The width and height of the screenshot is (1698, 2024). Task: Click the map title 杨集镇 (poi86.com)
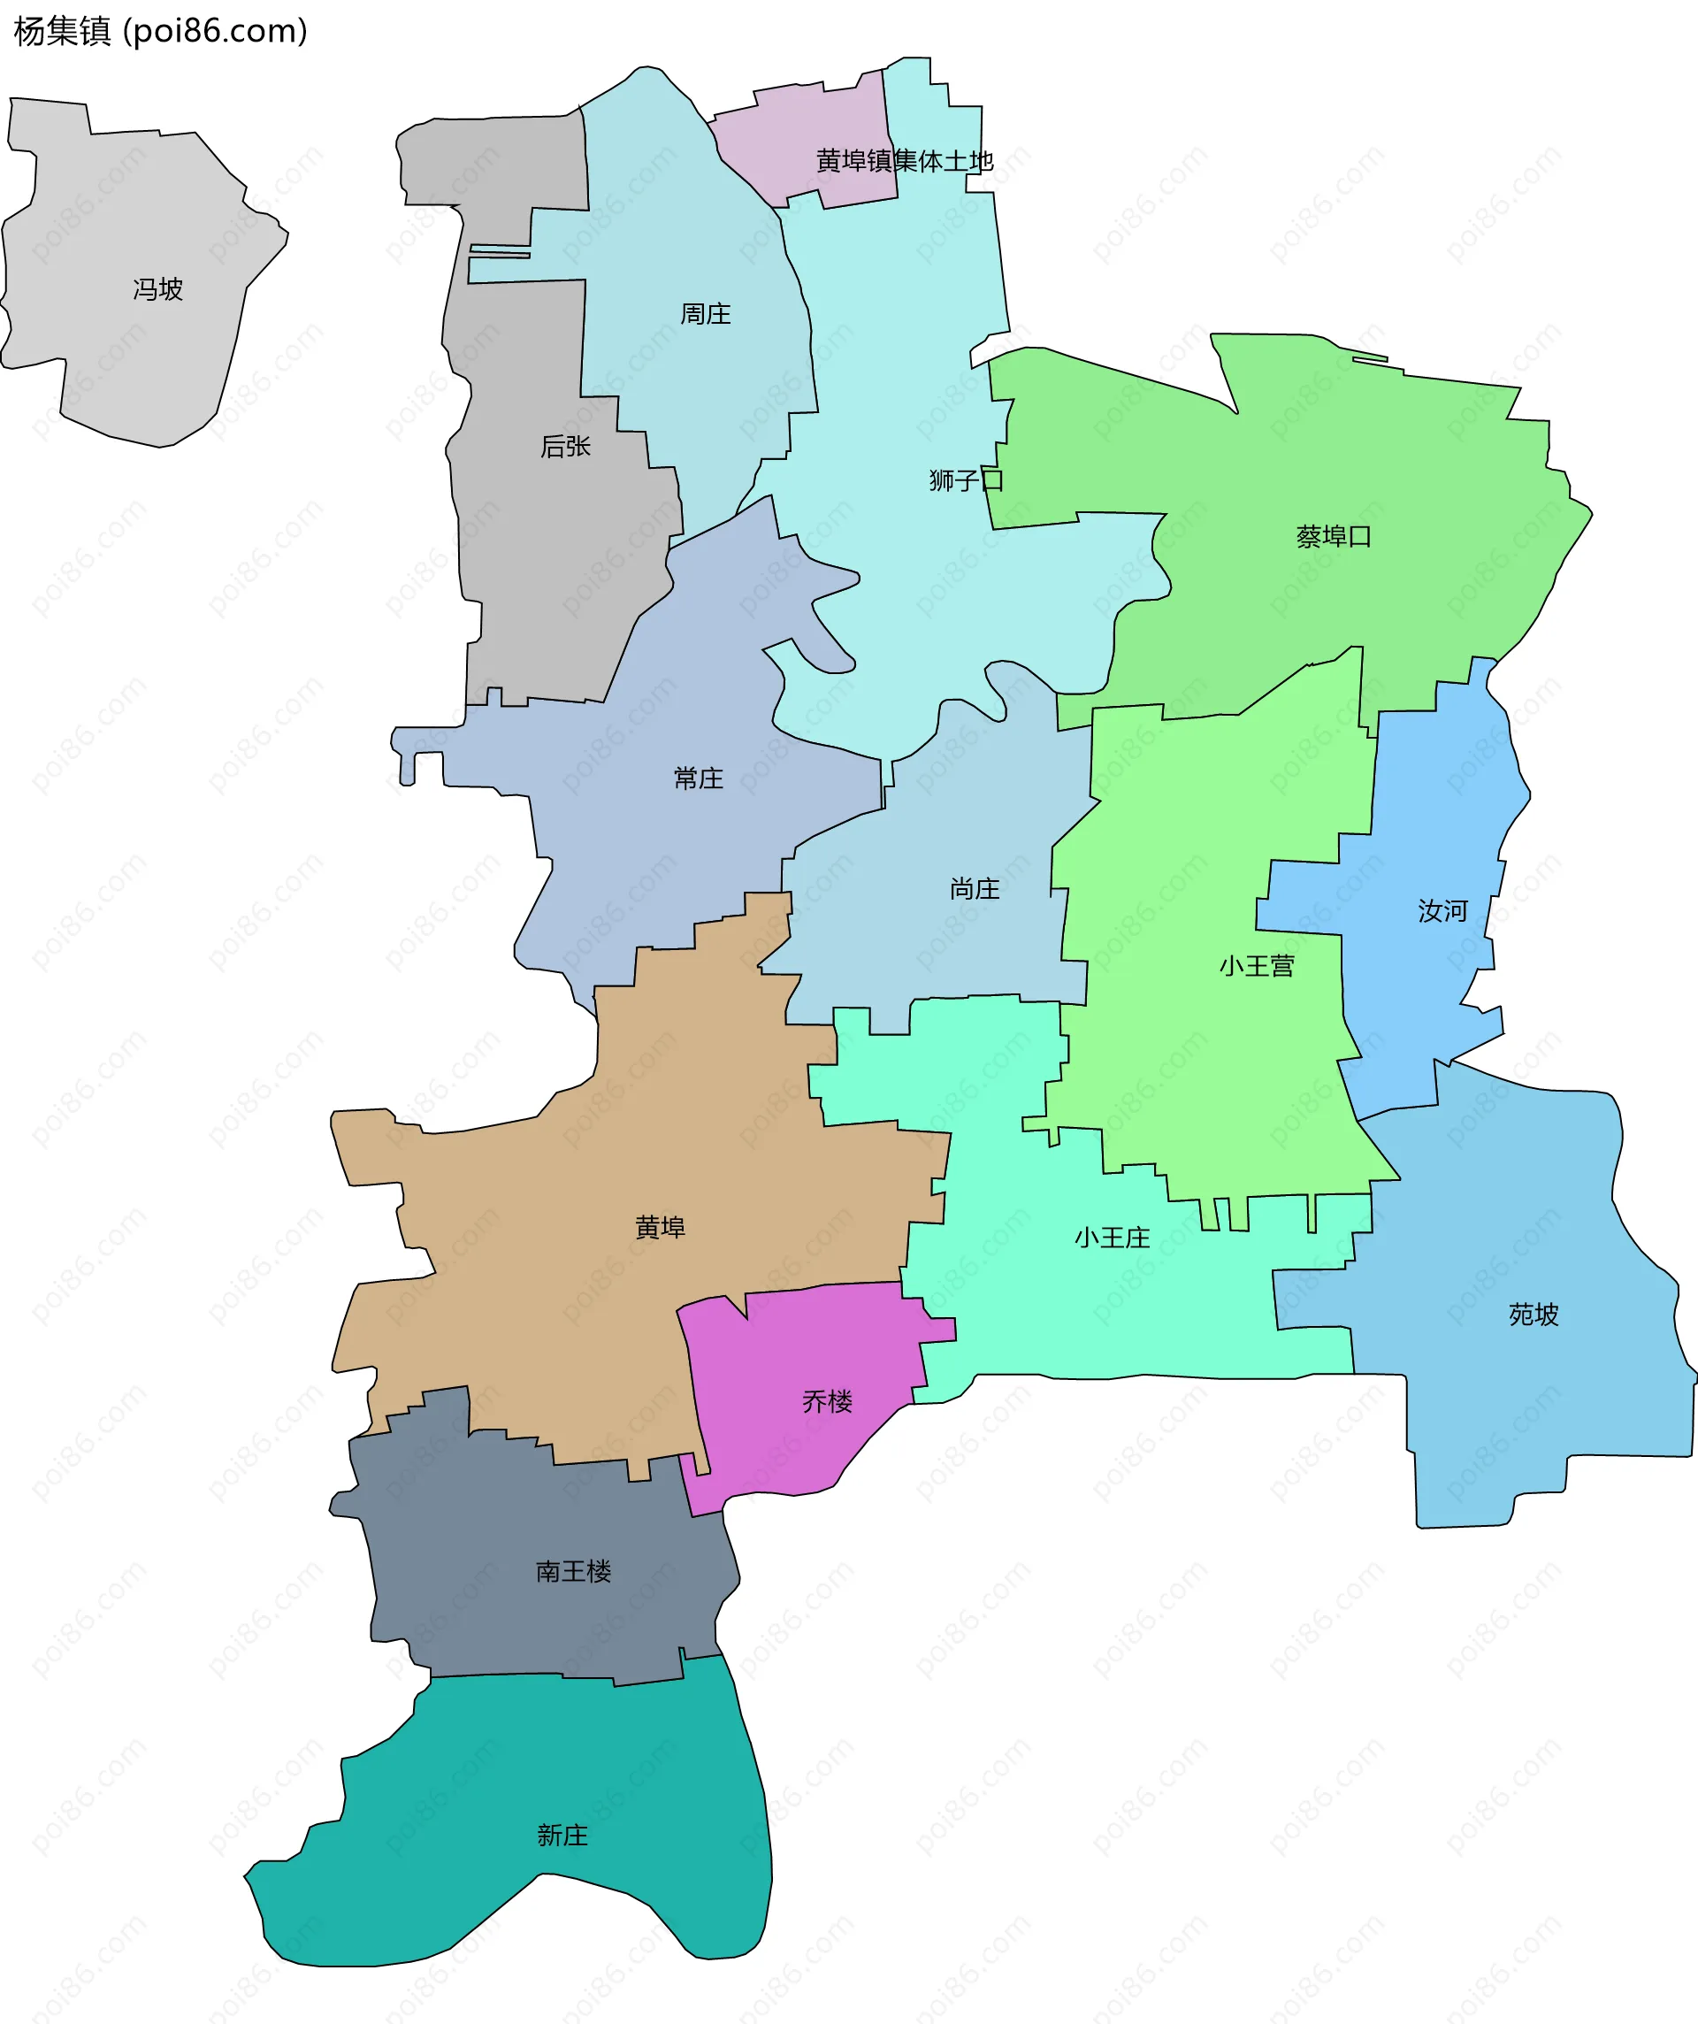pyautogui.click(x=160, y=31)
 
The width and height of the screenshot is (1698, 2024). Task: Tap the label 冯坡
pyautogui.click(x=158, y=289)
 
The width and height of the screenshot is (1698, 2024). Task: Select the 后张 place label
pyautogui.click(x=566, y=446)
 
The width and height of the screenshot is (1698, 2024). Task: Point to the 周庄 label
pyautogui.click(x=706, y=314)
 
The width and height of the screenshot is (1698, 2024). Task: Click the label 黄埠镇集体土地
pyautogui.click(x=904, y=161)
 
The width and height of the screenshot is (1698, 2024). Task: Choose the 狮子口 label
pyautogui.click(x=966, y=480)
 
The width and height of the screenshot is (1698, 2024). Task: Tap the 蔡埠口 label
pyautogui.click(x=1334, y=537)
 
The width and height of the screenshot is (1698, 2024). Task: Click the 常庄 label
pyautogui.click(x=699, y=778)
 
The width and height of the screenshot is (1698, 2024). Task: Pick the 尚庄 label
pyautogui.click(x=975, y=889)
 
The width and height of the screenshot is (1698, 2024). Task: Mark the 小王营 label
pyautogui.click(x=1257, y=966)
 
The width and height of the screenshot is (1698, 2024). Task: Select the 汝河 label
pyautogui.click(x=1442, y=911)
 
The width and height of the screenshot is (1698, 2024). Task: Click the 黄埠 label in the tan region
pyautogui.click(x=660, y=1227)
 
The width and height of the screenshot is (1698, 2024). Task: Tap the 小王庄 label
pyautogui.click(x=1112, y=1238)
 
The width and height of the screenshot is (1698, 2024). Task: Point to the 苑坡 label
pyautogui.click(x=1534, y=1315)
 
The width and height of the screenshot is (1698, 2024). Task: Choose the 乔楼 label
pyautogui.click(x=827, y=1401)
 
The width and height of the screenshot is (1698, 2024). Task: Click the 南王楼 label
pyautogui.click(x=573, y=1571)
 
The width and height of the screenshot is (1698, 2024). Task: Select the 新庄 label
pyautogui.click(x=562, y=1835)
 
